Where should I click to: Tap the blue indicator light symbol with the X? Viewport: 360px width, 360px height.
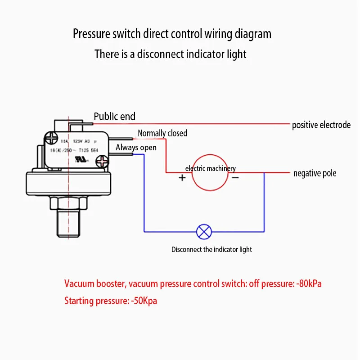point(204,232)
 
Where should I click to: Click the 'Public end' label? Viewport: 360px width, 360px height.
point(114,117)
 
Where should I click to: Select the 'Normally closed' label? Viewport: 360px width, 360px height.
point(162,133)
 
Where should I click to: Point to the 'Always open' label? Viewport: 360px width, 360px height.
point(136,148)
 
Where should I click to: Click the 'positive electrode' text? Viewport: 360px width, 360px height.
point(321,125)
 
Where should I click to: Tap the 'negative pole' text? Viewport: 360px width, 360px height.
point(315,173)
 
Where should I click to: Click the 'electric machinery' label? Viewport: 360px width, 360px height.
point(210,169)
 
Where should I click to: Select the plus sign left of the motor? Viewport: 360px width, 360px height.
point(182,177)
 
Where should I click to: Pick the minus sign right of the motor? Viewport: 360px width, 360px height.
point(235,177)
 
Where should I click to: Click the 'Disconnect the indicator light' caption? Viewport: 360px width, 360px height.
point(211,249)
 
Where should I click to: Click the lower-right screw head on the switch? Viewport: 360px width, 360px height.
point(103,160)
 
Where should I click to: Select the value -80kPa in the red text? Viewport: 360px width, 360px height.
point(307,284)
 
